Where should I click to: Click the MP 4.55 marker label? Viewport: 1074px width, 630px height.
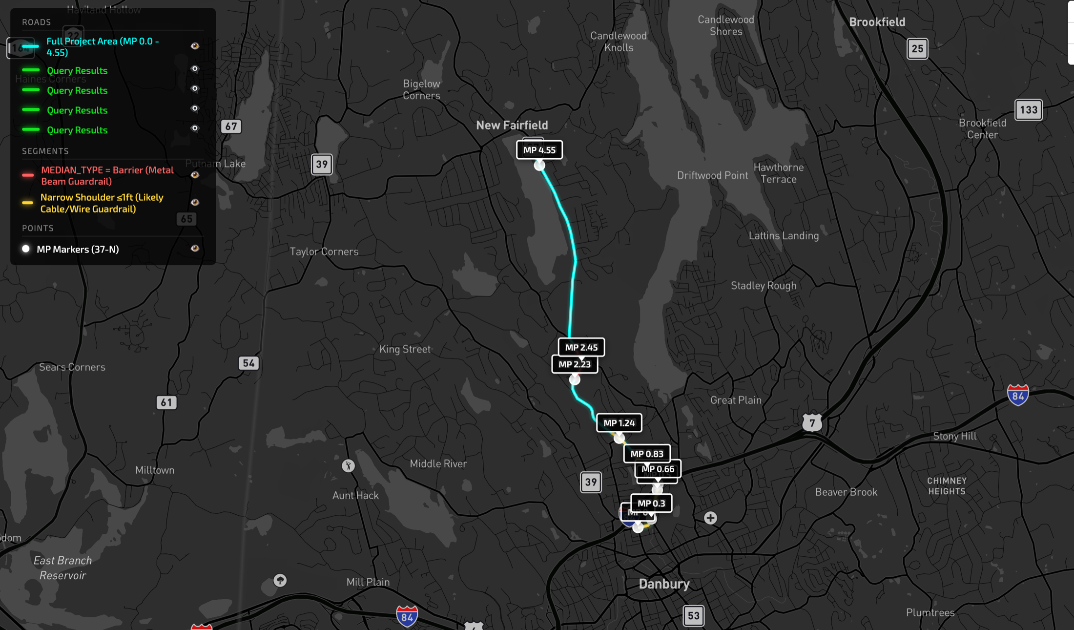pyautogui.click(x=539, y=150)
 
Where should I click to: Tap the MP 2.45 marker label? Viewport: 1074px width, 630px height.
pyautogui.click(x=581, y=347)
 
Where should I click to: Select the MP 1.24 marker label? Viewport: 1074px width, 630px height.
pyautogui.click(x=619, y=423)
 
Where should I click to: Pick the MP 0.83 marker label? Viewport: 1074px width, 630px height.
pyautogui.click(x=647, y=454)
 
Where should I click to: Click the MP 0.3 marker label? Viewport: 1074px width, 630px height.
pyautogui.click(x=651, y=503)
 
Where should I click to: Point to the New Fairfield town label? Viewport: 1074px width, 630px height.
pyautogui.click(x=512, y=125)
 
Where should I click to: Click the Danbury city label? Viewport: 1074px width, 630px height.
pyautogui.click(x=664, y=584)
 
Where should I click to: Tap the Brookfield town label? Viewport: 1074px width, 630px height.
pyautogui.click(x=877, y=22)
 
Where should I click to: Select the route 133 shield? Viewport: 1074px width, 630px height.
pyautogui.click(x=1028, y=110)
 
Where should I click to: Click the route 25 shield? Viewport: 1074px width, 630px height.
pyautogui.click(x=917, y=49)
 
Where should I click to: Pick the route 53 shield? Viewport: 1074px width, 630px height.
pyautogui.click(x=693, y=616)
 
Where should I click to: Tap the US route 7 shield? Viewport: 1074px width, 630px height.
pyautogui.click(x=812, y=422)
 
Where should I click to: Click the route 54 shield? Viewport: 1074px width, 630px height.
pyautogui.click(x=248, y=363)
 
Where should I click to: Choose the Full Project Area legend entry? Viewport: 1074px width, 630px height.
pyautogui.click(x=103, y=47)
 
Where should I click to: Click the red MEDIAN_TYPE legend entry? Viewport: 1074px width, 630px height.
pyautogui.click(x=107, y=176)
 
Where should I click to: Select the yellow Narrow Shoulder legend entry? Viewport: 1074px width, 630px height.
pyautogui.click(x=102, y=203)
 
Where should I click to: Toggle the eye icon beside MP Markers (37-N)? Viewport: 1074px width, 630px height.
pyautogui.click(x=195, y=249)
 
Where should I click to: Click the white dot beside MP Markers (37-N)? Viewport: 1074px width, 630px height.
pyautogui.click(x=26, y=249)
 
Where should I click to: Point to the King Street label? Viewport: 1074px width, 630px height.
pyautogui.click(x=405, y=349)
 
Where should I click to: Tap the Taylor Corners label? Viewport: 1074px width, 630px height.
pyautogui.click(x=324, y=252)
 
